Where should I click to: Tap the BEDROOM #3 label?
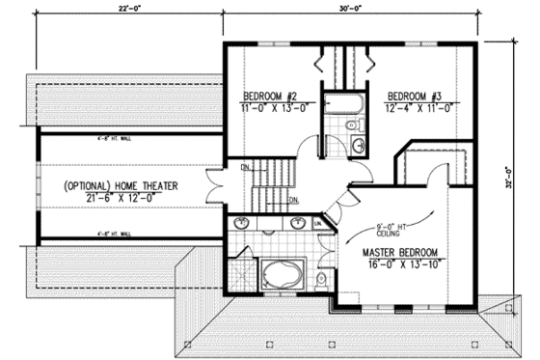click(415, 96)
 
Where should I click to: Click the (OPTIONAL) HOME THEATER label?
click(126, 184)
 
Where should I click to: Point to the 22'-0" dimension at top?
click(121, 10)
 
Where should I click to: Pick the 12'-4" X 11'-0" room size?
click(415, 108)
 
